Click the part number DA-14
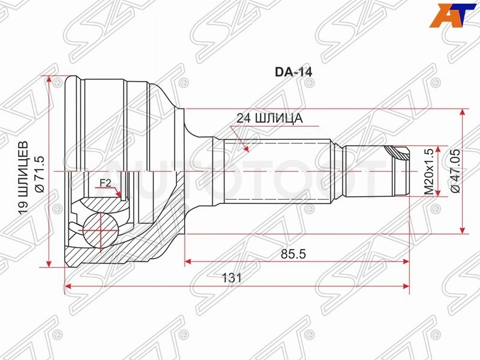293,72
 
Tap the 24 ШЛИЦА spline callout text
269,118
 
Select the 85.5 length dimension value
293,254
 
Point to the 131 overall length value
232,278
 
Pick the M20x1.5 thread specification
429,172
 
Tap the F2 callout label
105,183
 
